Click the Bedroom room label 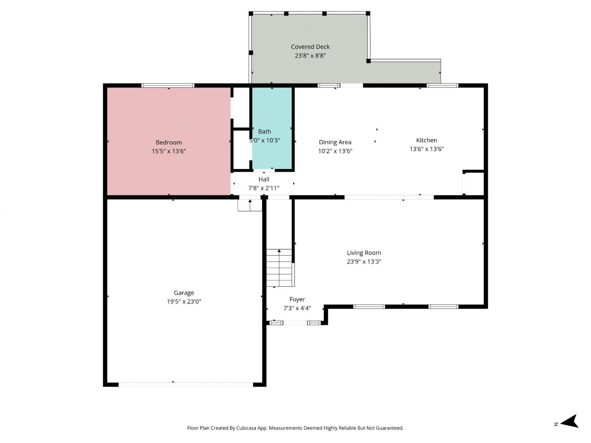[x=169, y=142]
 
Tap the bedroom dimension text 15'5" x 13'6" [x=169, y=151]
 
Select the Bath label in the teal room [x=264, y=132]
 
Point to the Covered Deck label [x=310, y=47]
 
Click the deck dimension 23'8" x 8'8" [x=310, y=56]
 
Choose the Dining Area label [x=335, y=142]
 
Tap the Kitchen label [x=426, y=140]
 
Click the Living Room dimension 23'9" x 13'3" [x=364, y=261]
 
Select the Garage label [x=184, y=293]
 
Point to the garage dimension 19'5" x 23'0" [x=184, y=302]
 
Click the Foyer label [x=297, y=299]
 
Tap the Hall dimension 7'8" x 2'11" [x=264, y=188]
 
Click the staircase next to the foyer [x=279, y=268]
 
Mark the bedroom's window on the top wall [x=168, y=85]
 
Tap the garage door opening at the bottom [x=186, y=385]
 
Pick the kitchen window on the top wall [x=442, y=85]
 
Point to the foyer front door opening [x=295, y=323]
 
